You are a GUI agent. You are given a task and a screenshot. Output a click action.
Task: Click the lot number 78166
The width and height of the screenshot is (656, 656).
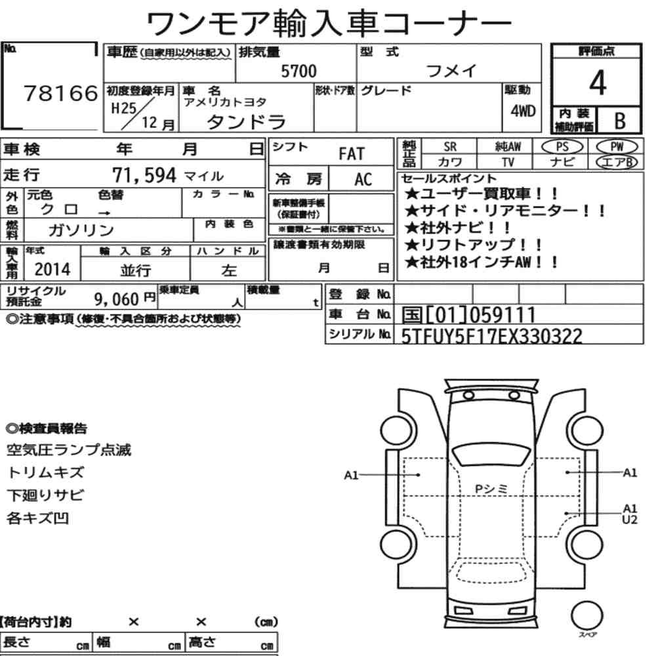click(60, 93)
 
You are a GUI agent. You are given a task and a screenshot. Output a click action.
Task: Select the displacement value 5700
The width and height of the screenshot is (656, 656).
click(298, 71)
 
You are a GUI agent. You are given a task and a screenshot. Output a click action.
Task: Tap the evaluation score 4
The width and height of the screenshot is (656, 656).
click(598, 83)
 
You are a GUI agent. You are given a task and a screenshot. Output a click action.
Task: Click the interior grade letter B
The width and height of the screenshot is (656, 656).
click(620, 121)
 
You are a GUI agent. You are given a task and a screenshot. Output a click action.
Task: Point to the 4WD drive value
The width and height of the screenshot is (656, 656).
click(523, 111)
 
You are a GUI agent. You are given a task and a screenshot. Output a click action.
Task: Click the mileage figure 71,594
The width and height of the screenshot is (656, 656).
click(144, 175)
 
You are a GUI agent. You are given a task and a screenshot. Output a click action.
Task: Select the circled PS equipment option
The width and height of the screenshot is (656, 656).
click(562, 147)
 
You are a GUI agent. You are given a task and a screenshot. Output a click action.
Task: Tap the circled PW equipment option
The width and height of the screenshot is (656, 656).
click(617, 147)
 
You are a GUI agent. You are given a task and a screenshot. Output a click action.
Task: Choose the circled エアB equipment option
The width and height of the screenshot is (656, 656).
click(617, 162)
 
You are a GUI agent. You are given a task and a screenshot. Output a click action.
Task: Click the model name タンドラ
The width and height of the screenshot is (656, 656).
click(247, 122)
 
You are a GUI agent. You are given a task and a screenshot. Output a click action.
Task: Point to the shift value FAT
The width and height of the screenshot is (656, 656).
click(352, 154)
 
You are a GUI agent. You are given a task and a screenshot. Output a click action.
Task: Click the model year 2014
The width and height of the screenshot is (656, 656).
click(52, 270)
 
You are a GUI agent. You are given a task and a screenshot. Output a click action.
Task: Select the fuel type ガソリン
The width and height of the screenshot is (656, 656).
click(81, 230)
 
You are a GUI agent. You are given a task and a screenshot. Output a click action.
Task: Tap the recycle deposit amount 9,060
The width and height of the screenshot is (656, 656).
click(116, 299)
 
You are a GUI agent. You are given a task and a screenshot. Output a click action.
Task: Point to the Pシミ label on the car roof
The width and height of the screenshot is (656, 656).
click(491, 489)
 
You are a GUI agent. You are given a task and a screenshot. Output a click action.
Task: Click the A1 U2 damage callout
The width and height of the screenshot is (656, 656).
click(630, 514)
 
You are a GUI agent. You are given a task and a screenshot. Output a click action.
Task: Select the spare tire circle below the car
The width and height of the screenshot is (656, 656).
click(587, 616)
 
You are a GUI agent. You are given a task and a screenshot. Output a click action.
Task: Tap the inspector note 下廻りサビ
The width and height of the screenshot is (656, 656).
click(45, 495)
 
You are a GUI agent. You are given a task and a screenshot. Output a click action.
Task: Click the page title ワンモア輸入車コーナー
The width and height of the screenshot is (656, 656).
click(329, 24)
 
